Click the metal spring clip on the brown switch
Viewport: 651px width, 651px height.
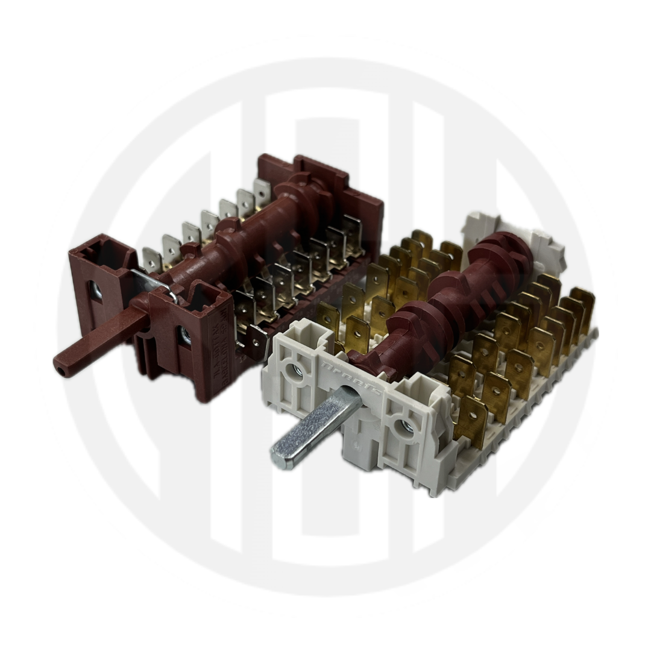(154, 284)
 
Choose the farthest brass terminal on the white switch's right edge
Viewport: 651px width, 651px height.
(582, 304)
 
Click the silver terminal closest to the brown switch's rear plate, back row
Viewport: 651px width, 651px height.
(262, 192)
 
